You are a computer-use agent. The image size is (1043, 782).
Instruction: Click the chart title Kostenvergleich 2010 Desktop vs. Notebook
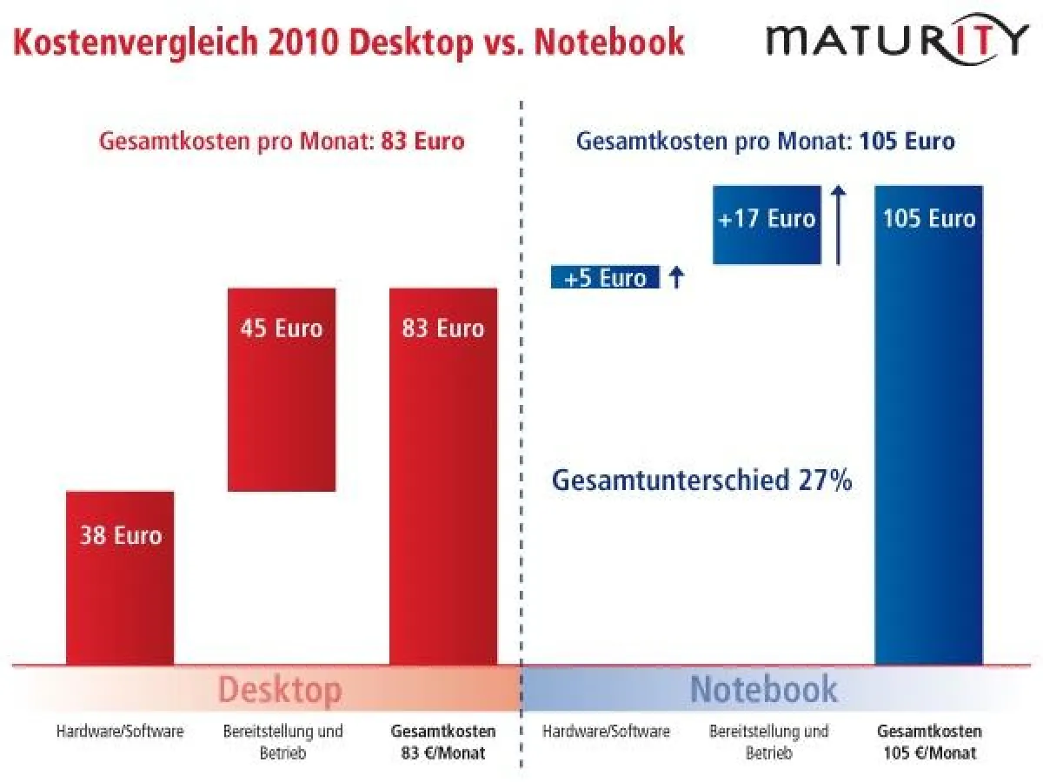click(x=348, y=41)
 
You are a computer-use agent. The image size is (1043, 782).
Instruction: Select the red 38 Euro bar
click(x=120, y=578)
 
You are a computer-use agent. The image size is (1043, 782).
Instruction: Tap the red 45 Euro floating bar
click(x=281, y=389)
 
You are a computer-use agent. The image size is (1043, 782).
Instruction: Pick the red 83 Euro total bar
click(x=443, y=476)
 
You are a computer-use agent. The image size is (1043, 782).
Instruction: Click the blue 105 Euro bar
click(x=928, y=426)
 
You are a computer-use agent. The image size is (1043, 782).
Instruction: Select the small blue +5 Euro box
click(x=605, y=277)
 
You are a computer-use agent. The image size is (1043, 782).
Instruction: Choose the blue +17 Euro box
click(x=767, y=224)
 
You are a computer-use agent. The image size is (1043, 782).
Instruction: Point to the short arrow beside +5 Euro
click(x=677, y=277)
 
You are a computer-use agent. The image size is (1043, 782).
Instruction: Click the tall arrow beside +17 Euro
click(x=838, y=224)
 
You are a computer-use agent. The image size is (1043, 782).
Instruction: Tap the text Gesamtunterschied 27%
click(x=701, y=480)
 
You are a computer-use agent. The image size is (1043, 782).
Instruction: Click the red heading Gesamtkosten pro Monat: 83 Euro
click(x=282, y=141)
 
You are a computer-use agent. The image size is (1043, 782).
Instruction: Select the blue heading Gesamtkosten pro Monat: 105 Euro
click(x=765, y=141)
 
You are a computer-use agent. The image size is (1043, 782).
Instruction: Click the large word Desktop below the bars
click(x=279, y=690)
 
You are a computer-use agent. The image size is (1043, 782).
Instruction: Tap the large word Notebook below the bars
click(x=764, y=690)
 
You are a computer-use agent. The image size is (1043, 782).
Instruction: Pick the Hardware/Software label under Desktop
click(x=120, y=732)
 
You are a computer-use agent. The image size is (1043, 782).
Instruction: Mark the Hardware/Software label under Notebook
click(x=606, y=732)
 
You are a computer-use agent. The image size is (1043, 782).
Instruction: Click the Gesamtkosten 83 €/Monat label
click(x=443, y=742)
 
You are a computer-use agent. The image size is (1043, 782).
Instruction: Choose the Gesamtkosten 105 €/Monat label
click(x=929, y=742)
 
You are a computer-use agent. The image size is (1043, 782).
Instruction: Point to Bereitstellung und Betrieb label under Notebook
click(x=768, y=742)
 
